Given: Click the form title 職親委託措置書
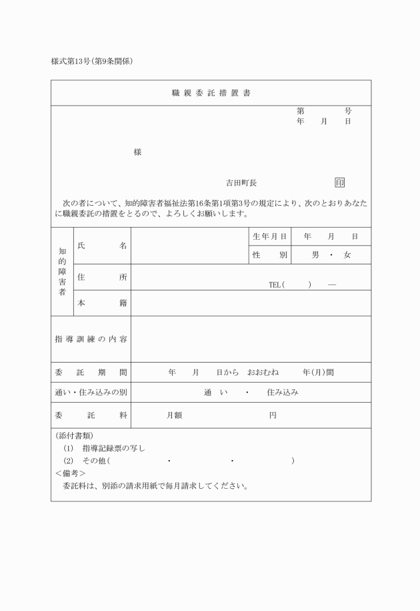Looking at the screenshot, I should coord(211,93).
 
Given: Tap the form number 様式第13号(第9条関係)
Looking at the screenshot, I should coord(93,62).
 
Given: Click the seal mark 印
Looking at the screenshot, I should coord(340,182).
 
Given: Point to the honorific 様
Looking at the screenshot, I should coord(137,152).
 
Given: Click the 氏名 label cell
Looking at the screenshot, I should coord(102,246).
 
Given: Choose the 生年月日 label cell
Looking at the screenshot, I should coord(270,236).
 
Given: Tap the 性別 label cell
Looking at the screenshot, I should coord(270,255).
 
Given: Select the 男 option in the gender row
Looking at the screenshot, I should coord(315,255).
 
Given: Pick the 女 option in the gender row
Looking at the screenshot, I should coord(347,255).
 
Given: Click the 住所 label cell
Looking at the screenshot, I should coord(102,277).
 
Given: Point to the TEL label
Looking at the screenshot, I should coord(275,284).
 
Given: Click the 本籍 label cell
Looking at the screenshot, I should coord(102,302).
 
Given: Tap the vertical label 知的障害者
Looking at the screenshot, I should coord(62,272).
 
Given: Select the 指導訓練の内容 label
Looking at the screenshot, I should coord(91,339).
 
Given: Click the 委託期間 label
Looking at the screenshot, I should coord(91,372).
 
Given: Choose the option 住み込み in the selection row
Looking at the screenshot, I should coord(283,392).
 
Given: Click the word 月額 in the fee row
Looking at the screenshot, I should coord(175,415).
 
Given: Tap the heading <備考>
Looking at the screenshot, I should coord(70,473).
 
